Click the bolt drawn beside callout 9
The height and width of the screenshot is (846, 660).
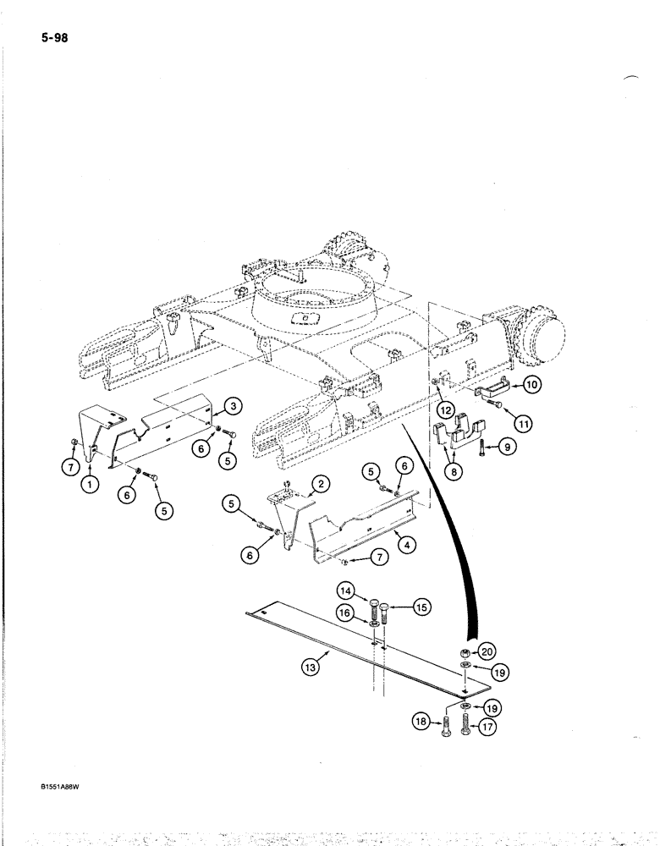pyautogui.click(x=480, y=446)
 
